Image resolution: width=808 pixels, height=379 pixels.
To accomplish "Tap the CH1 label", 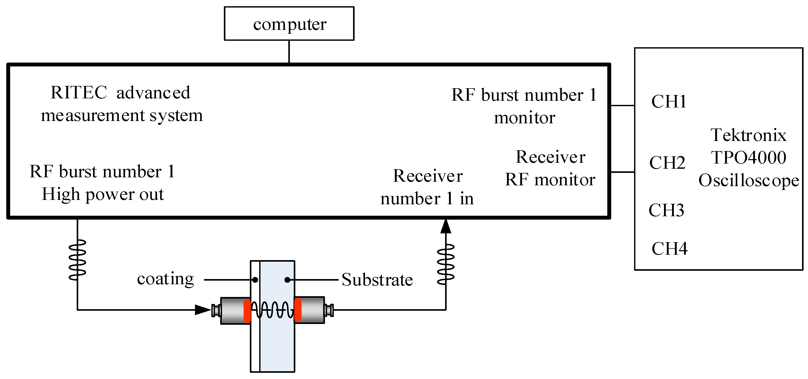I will click(668, 101).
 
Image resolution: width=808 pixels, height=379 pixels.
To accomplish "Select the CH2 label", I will click(667, 163).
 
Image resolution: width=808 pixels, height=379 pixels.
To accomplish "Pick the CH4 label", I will click(669, 249).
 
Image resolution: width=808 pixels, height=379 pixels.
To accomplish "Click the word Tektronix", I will click(748, 135).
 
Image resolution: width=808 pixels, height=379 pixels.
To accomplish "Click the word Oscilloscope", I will click(748, 181).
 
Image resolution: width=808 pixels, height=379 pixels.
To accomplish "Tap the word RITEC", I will click(79, 93).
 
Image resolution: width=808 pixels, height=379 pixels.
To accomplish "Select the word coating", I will click(165, 279).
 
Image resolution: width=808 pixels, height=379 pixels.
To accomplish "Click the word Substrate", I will click(377, 280).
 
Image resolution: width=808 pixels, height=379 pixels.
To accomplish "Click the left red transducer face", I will click(247, 311).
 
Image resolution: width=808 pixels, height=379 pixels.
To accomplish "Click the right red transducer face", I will click(298, 310).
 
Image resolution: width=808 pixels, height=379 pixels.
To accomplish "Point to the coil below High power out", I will click(77, 260).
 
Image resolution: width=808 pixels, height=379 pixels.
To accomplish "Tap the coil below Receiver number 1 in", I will click(445, 264).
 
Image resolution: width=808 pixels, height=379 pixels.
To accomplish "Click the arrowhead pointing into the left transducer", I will click(203, 310).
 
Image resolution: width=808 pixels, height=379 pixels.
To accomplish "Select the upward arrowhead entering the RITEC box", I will click(445, 226).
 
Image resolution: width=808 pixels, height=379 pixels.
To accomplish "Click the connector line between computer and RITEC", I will click(289, 52).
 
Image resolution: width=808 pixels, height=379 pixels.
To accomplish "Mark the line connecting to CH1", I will click(622, 106).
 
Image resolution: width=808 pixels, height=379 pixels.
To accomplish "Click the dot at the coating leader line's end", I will click(255, 280).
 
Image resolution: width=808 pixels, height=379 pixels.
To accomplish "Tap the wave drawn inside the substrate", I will click(272, 310).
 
